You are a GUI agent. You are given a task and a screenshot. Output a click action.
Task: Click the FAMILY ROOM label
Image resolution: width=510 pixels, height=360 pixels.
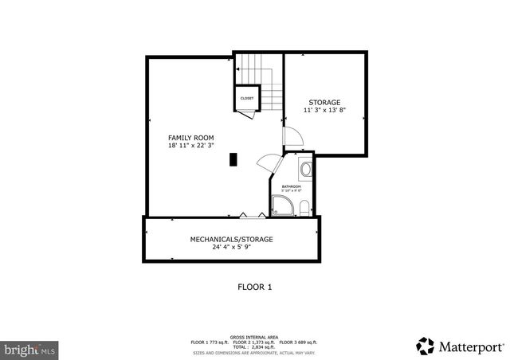tap(190, 137)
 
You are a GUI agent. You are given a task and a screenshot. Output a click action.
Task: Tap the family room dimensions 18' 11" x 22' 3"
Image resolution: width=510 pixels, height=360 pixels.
tap(190, 146)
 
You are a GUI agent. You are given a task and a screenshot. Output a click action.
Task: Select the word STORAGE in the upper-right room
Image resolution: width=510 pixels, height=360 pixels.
tap(324, 102)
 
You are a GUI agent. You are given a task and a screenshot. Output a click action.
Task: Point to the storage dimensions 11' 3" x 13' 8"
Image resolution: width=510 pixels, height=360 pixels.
tap(324, 111)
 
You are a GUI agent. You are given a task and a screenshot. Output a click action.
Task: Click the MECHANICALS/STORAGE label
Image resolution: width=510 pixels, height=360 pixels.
tap(231, 239)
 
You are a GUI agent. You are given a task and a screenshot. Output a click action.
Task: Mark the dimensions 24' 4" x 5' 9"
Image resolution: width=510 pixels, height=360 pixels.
tap(231, 247)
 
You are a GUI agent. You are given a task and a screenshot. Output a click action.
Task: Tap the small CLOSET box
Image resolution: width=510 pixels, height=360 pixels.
tap(247, 98)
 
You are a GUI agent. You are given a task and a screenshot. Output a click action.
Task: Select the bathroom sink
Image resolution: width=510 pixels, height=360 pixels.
tap(305, 169)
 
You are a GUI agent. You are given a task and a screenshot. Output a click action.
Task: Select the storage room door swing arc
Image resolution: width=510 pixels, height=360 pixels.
tap(288, 136)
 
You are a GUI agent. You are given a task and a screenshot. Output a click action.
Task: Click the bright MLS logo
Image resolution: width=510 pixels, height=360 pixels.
tap(29, 349)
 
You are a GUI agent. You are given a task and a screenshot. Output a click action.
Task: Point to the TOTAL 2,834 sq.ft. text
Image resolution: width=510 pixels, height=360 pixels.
tap(255, 346)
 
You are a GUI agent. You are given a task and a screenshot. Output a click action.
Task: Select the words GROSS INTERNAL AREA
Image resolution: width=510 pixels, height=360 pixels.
tap(255, 337)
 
